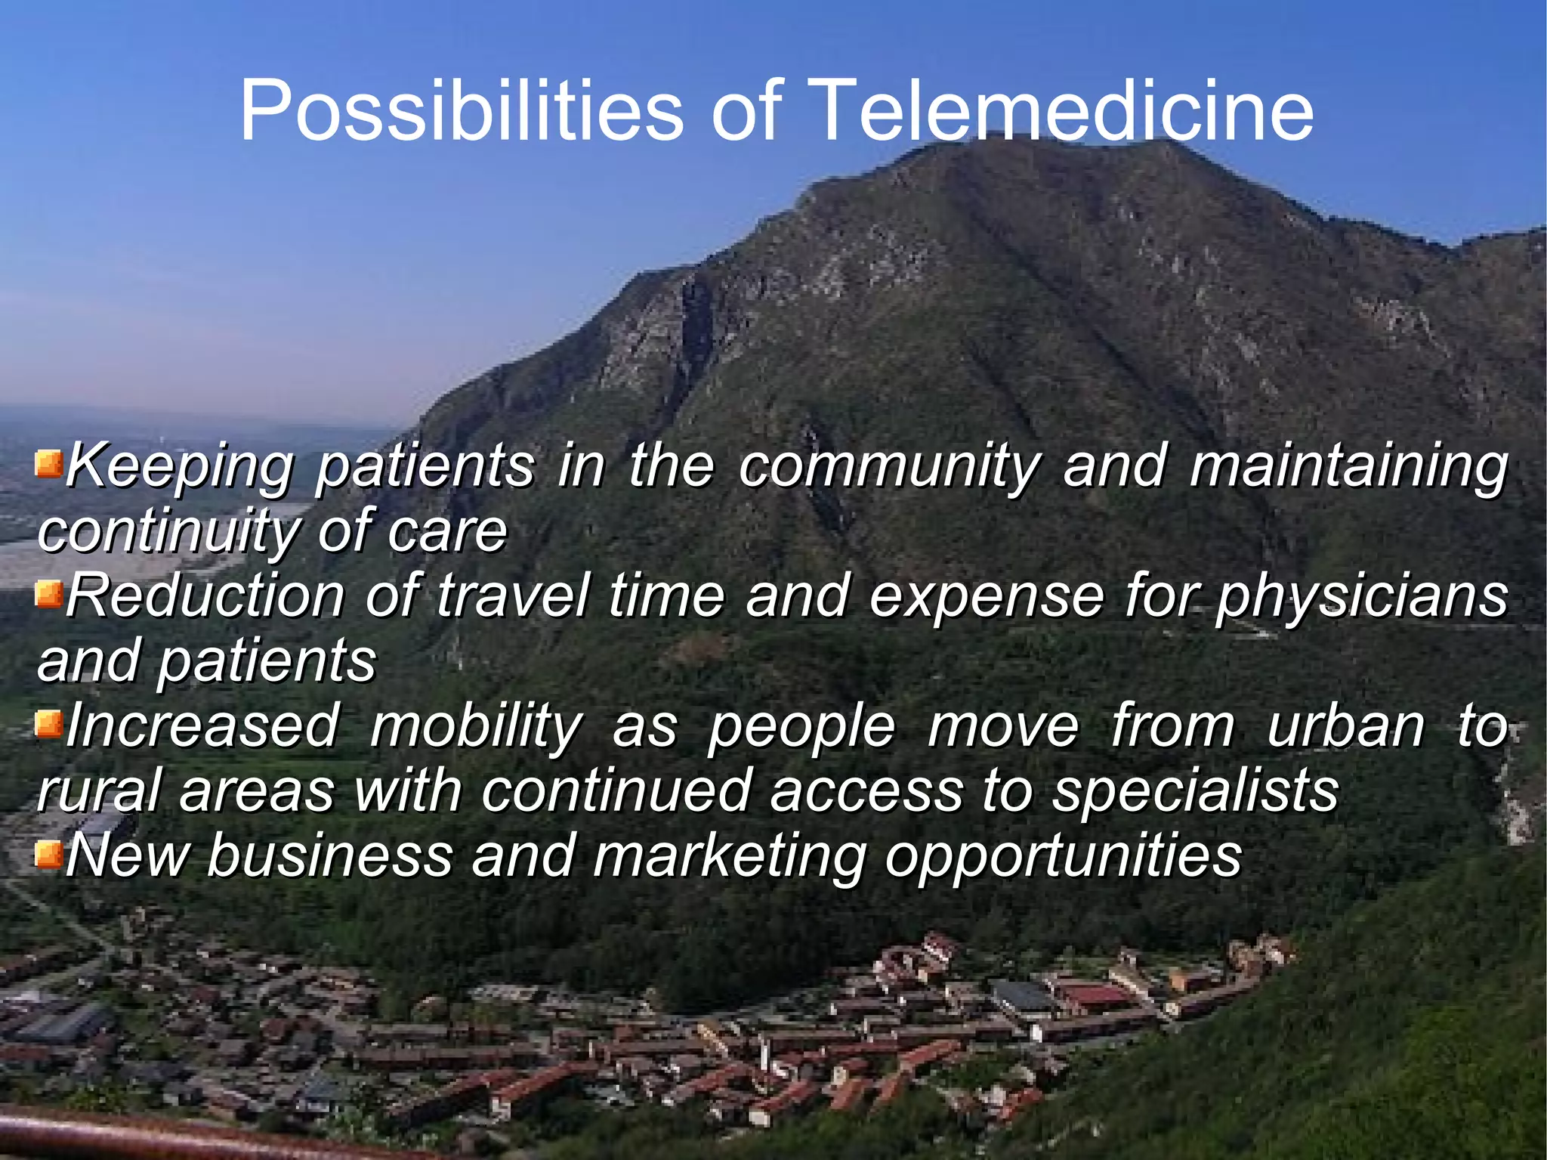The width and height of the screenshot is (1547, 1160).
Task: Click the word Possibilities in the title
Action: tap(461, 111)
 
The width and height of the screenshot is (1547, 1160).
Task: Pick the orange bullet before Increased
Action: tap(48, 725)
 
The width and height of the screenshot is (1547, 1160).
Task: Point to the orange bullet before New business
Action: tap(48, 855)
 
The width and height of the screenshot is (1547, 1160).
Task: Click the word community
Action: tap(889, 467)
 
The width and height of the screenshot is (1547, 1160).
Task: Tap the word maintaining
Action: tap(1348, 467)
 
